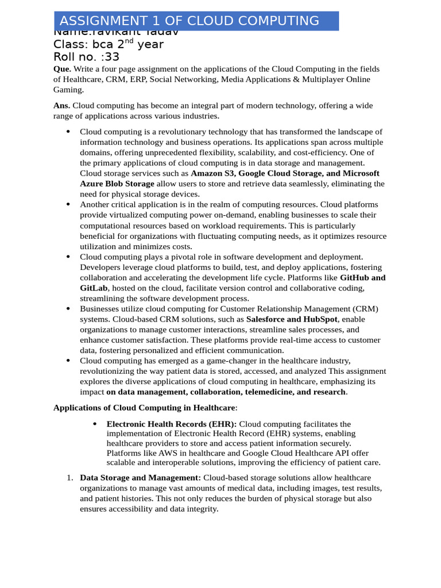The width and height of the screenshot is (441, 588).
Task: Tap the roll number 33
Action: (113, 57)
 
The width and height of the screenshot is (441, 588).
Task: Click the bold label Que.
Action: (62, 69)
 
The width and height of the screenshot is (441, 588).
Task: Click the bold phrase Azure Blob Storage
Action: (117, 184)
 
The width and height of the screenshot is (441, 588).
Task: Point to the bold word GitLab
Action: (94, 288)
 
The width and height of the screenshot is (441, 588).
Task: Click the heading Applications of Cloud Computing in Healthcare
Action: (144, 408)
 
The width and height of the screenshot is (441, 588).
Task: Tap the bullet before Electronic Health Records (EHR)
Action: (95, 424)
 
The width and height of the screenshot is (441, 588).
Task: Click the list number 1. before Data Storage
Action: (68, 478)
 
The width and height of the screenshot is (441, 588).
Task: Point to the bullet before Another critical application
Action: (68, 204)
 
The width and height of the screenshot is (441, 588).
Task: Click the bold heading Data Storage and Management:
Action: (140, 478)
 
